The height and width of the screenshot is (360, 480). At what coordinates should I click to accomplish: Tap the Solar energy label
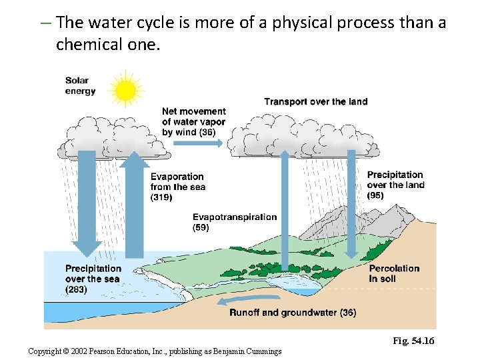tap(80, 86)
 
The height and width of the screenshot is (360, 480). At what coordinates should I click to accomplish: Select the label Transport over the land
tap(315, 101)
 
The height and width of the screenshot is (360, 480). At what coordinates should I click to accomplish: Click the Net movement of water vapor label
tap(193, 121)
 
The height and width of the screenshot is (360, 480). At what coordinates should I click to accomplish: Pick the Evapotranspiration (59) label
tap(234, 222)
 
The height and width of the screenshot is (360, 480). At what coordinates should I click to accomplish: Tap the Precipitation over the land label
tap(395, 185)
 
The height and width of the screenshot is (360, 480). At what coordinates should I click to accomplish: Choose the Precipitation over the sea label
tap(93, 279)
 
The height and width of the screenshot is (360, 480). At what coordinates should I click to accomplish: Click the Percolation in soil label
tap(394, 273)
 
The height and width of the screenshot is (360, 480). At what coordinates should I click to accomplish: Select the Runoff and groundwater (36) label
tap(292, 312)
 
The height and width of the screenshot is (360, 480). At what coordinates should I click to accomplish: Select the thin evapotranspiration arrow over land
tap(285, 213)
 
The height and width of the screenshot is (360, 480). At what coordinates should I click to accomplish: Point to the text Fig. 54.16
tap(413, 341)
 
